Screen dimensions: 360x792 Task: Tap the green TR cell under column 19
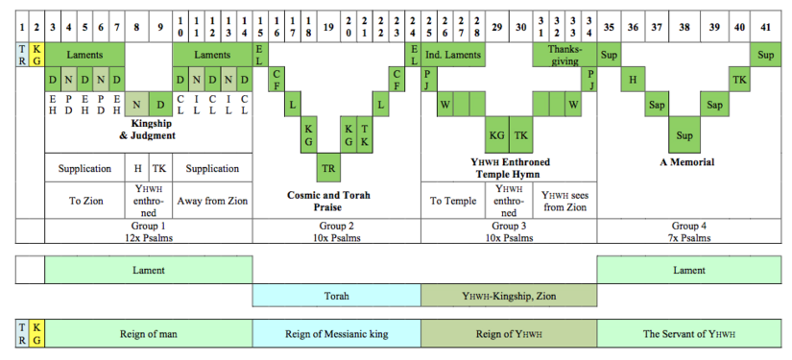(328, 168)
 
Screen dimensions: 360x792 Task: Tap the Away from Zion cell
(212, 202)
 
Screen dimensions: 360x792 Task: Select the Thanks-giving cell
(564, 56)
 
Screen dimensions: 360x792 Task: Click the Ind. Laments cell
(452, 55)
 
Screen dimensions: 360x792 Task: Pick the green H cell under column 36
(633, 79)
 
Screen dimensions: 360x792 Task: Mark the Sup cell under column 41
(766, 55)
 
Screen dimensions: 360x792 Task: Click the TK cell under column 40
(740, 79)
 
